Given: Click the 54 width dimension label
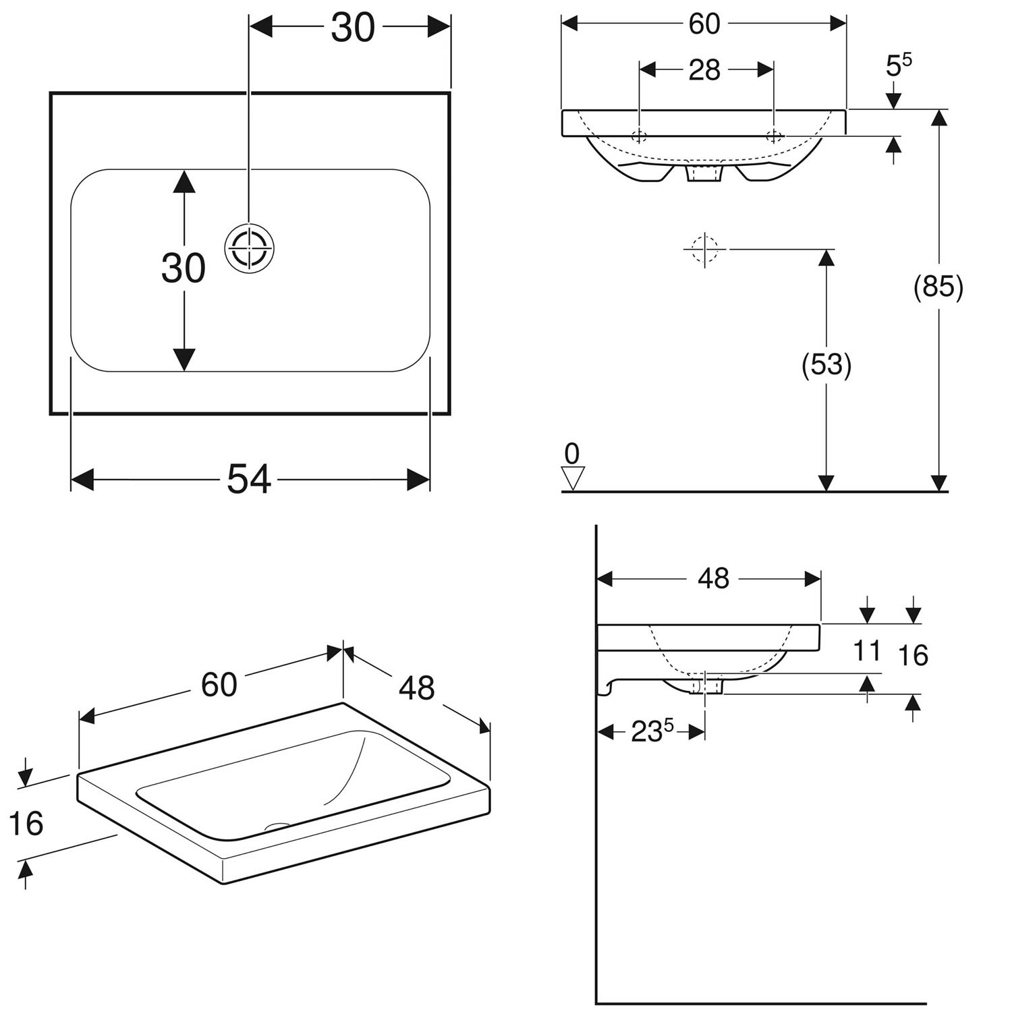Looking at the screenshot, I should pyautogui.click(x=248, y=480).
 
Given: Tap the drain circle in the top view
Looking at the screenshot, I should pyautogui.click(x=249, y=248).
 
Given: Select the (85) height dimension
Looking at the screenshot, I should pyautogui.click(x=938, y=288).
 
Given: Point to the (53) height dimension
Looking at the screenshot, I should pyautogui.click(x=826, y=365).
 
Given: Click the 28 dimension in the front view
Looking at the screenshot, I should pyautogui.click(x=704, y=70).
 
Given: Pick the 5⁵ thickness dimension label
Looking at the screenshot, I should pyautogui.click(x=897, y=65).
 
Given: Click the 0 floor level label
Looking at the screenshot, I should pyautogui.click(x=572, y=453).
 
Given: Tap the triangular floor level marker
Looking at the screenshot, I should pyautogui.click(x=573, y=478).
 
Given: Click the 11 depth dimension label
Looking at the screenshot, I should pyautogui.click(x=867, y=652).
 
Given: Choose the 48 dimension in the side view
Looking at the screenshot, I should pyautogui.click(x=713, y=579).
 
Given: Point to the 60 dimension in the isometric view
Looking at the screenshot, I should pyautogui.click(x=219, y=684).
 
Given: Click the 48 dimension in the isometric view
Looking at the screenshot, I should pyautogui.click(x=416, y=687).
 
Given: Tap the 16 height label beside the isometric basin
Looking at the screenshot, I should pyautogui.click(x=26, y=823).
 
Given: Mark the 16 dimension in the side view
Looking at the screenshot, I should pyautogui.click(x=913, y=655).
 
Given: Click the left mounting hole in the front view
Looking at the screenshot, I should pyautogui.click(x=639, y=136).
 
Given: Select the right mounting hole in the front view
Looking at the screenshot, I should pyautogui.click(x=774, y=136).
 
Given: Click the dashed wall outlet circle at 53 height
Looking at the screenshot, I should pyautogui.click(x=704, y=249).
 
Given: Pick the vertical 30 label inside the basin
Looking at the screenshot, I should pyautogui.click(x=183, y=268).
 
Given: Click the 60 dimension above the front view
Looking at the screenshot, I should pyautogui.click(x=704, y=24).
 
